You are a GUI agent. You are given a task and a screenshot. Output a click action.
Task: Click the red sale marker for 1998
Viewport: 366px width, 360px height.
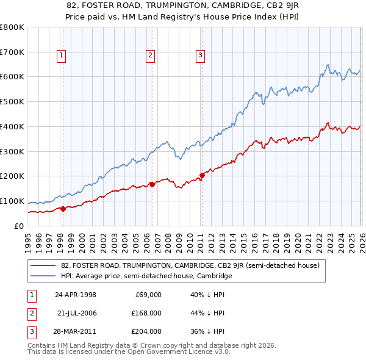(63, 209)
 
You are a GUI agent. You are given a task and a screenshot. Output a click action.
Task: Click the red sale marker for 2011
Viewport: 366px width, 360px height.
(201, 175)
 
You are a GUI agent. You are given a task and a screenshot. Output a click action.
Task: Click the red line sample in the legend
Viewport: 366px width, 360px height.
(43, 265)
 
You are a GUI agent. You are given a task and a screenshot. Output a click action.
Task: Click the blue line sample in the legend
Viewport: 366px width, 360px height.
(43, 276)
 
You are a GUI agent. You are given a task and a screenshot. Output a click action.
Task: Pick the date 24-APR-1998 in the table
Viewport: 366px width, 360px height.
(76, 295)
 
